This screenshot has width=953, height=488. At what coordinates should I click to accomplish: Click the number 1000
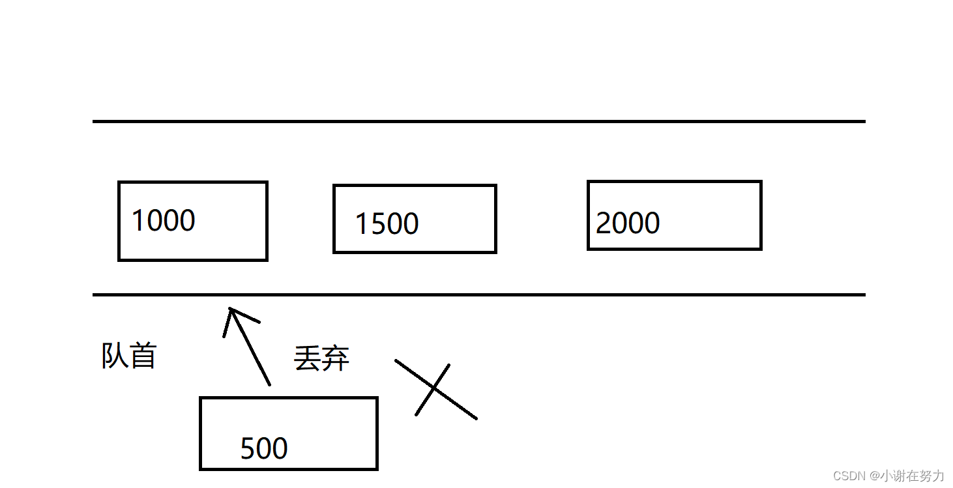point(163,220)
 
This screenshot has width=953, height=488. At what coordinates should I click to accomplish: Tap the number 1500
point(387,223)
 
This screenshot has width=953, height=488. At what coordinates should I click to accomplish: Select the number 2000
point(628,223)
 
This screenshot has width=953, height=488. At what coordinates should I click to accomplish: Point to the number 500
point(264,448)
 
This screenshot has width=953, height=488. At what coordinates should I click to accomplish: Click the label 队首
point(129,356)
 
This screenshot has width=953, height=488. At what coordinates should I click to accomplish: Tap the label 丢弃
point(321,358)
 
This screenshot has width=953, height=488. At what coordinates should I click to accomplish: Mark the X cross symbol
point(434,390)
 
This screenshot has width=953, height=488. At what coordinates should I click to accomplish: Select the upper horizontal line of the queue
point(478,121)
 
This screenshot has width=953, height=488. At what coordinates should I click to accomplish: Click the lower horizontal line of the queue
point(478,294)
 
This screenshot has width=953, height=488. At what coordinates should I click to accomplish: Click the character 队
point(114,356)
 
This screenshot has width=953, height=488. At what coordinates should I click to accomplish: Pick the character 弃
point(336,358)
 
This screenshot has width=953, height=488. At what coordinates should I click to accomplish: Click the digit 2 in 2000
point(604,223)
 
